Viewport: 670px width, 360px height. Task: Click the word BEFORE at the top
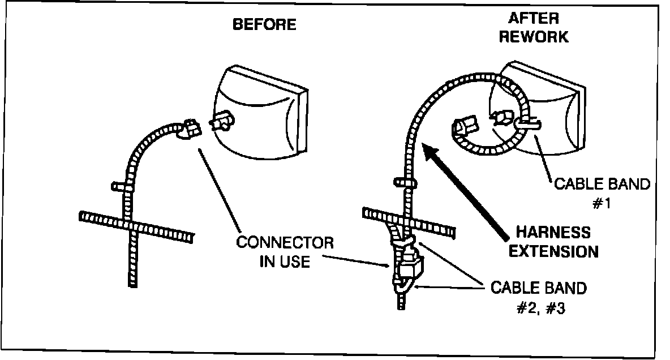point(264,24)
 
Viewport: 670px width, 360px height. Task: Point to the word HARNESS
point(553,233)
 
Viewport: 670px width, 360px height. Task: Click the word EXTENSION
point(553,251)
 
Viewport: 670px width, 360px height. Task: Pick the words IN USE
point(285,262)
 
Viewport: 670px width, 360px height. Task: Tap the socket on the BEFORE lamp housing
point(222,121)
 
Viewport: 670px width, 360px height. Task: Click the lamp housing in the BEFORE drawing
point(260,113)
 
